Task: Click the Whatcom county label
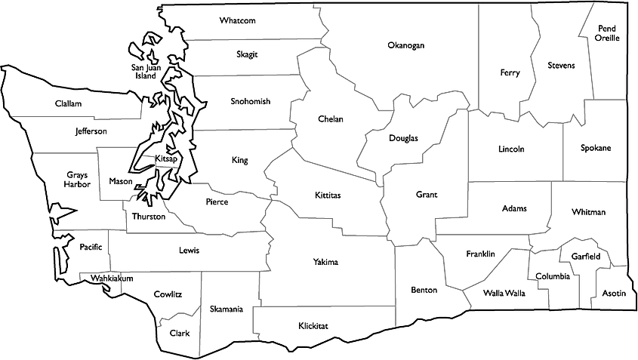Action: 238,20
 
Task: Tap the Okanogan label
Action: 406,45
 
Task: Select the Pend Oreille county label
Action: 607,33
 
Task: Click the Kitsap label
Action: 165,159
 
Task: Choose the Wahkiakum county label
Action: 112,278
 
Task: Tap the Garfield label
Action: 586,257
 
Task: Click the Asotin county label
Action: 614,293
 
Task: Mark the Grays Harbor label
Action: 77,179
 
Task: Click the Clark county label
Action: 180,333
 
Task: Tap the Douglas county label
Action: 403,138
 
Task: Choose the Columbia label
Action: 553,276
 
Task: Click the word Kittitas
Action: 328,195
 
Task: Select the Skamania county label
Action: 227,309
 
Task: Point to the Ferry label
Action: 510,72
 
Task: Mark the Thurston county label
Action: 149,217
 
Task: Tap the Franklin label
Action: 480,254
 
